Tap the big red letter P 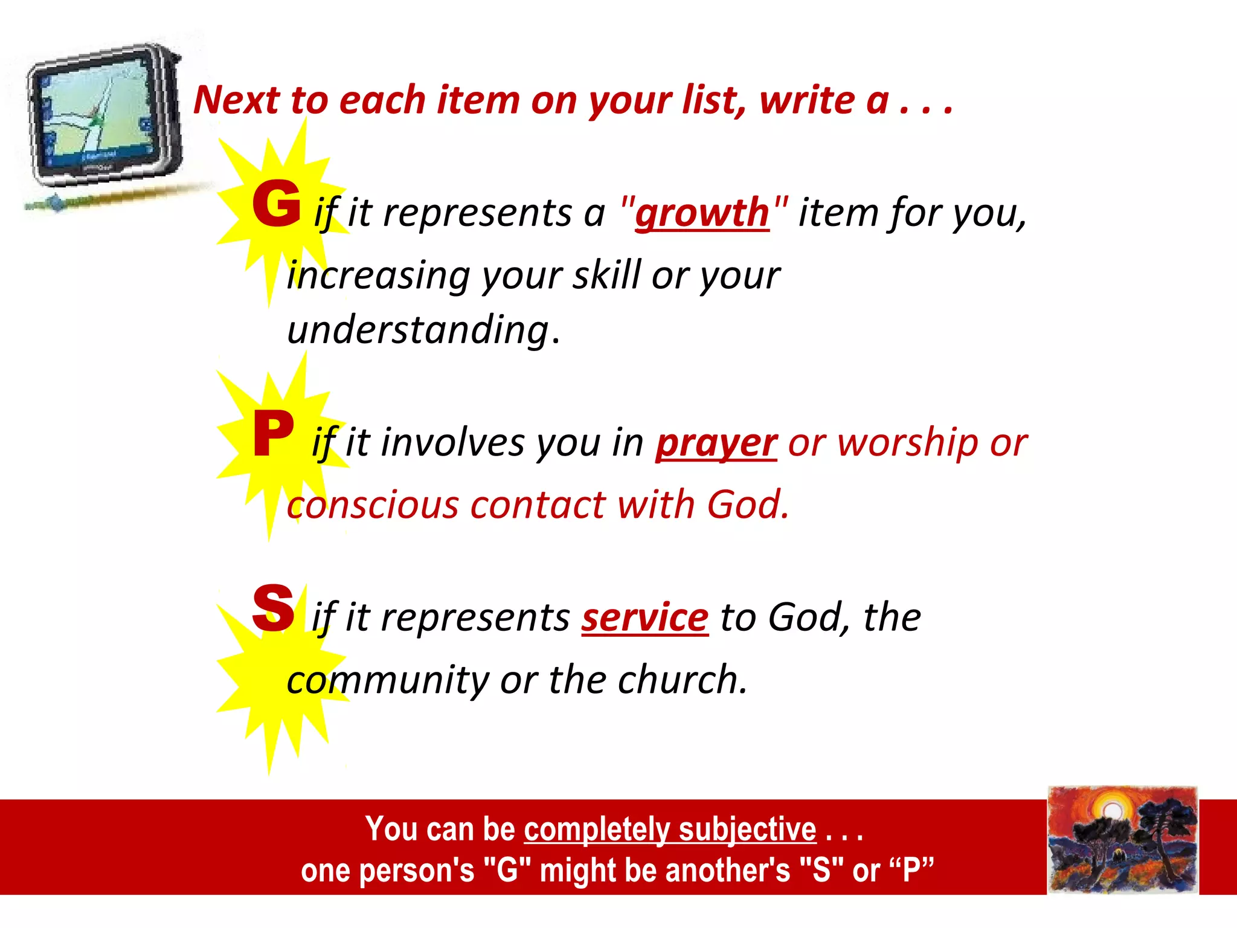274,433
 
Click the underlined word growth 702,214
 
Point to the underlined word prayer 716,443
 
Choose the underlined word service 644,618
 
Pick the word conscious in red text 373,505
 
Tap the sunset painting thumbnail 1122,840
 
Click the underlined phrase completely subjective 670,829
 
